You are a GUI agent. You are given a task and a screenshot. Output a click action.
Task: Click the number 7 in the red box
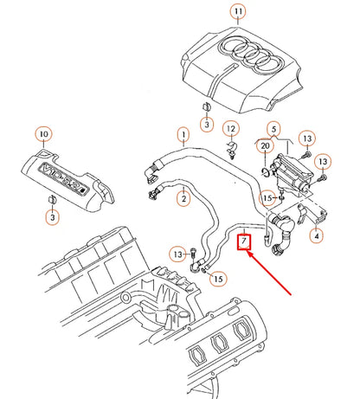coord(245,238)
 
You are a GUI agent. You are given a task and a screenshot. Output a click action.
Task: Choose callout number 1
coord(182,134)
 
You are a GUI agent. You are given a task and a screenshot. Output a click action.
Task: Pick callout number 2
coord(182,199)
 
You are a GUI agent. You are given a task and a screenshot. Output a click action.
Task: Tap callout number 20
coord(265,147)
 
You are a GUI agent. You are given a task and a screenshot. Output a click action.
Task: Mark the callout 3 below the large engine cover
coord(206,126)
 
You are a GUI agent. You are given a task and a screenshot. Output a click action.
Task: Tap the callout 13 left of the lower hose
coord(177,254)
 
